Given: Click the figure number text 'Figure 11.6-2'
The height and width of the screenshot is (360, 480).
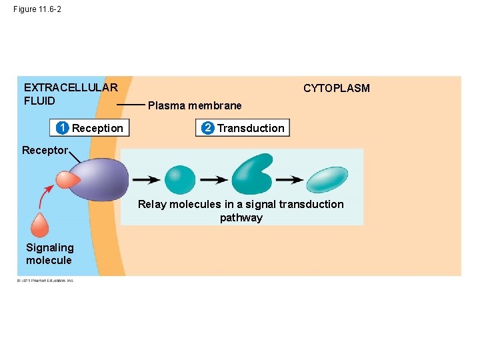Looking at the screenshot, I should pyautogui.click(x=37, y=9).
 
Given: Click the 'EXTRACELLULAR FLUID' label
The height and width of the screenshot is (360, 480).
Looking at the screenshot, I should pyautogui.click(x=70, y=94).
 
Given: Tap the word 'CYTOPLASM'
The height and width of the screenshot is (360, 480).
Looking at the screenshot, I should pyautogui.click(x=336, y=88).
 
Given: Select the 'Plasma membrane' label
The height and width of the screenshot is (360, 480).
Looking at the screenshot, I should pyautogui.click(x=195, y=105).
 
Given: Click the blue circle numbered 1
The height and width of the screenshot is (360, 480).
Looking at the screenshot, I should pyautogui.click(x=62, y=128).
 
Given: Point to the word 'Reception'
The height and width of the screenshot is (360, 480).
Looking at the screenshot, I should pyautogui.click(x=97, y=128).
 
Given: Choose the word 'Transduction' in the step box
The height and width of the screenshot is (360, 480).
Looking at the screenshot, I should pyautogui.click(x=251, y=128).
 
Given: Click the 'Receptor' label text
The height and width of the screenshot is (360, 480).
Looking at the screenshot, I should pyautogui.click(x=45, y=150).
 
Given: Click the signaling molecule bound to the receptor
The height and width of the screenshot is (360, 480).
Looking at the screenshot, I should pyautogui.click(x=67, y=179).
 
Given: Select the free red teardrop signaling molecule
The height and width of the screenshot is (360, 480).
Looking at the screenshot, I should pyautogui.click(x=40, y=225).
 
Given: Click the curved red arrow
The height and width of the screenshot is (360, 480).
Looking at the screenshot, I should pyautogui.click(x=46, y=197).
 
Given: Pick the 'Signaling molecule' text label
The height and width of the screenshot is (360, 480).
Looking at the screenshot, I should pyautogui.click(x=49, y=254).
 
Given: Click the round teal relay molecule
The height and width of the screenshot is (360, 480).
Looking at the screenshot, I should pyautogui.click(x=180, y=179).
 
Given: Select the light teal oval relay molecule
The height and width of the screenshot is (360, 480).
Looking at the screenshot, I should pyautogui.click(x=327, y=179).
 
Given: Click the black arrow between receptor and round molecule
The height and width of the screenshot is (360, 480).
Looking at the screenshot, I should pyautogui.click(x=145, y=179).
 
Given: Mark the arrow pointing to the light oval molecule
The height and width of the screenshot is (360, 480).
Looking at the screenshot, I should pyautogui.click(x=289, y=179).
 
